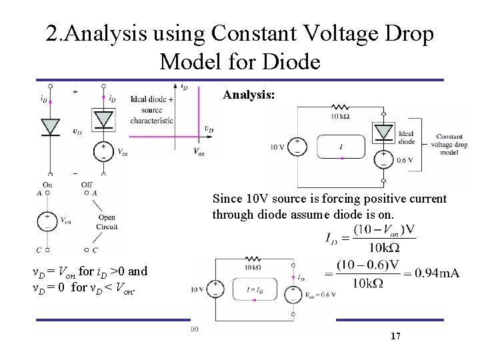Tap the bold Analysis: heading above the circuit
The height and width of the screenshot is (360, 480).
tap(248, 96)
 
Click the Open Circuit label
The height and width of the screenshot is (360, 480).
tap(107, 222)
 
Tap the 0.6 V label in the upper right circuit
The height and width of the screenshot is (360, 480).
tap(404, 160)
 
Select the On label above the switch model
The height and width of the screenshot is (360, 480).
tap(47, 185)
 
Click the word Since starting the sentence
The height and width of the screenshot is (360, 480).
tap(227, 199)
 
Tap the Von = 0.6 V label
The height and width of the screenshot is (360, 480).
tap(319, 295)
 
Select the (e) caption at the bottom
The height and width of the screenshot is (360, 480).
tap(195, 328)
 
